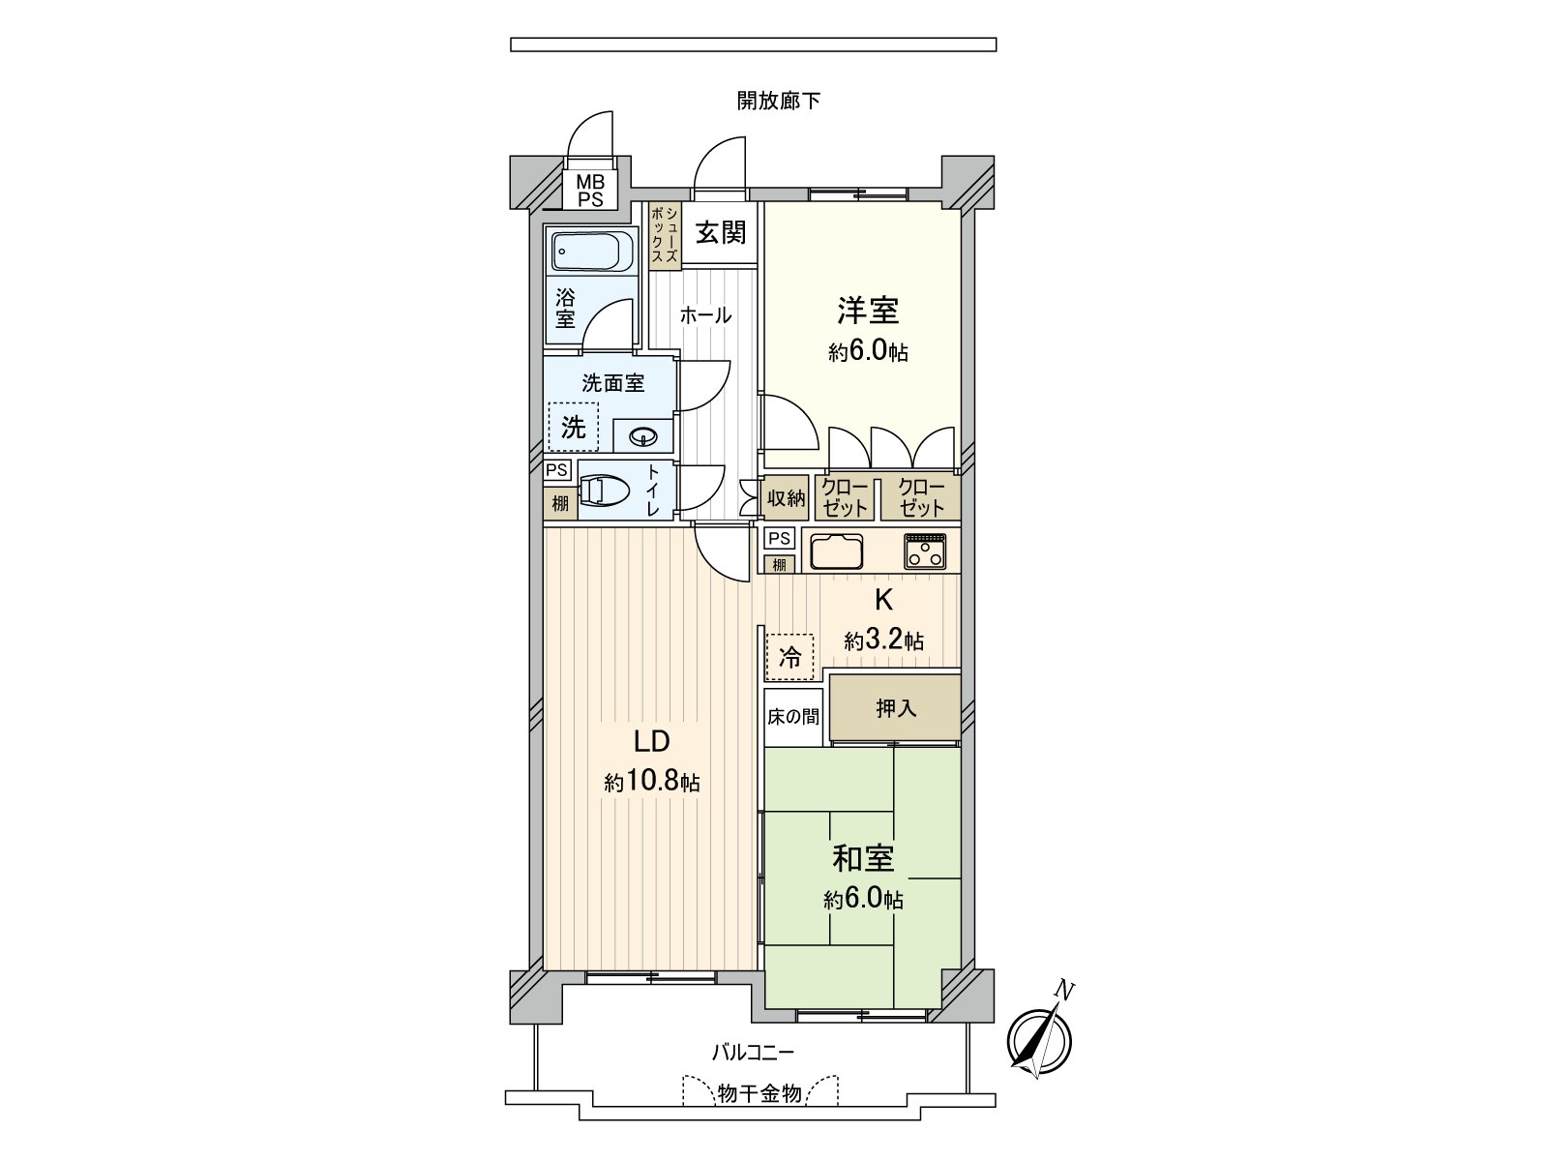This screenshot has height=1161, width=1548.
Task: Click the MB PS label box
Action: [590, 191]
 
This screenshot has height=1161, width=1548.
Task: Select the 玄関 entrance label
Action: [721, 232]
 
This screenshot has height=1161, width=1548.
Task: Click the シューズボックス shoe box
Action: [665, 235]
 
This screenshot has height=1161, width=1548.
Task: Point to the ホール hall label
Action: [705, 315]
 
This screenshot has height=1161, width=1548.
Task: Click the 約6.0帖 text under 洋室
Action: [868, 352]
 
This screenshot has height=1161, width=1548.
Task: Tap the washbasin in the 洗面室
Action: [643, 437]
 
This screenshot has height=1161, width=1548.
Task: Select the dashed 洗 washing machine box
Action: [574, 427]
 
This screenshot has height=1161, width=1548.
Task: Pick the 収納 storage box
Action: [787, 498]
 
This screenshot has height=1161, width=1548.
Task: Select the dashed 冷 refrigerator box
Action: [790, 658]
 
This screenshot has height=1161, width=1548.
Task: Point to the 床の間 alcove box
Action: [793, 717]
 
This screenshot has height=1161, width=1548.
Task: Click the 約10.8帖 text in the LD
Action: [651, 783]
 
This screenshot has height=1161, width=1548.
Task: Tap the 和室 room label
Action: [863, 858]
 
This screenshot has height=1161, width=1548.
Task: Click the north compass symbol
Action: [1040, 1041]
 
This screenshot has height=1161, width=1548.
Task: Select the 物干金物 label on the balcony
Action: [759, 1094]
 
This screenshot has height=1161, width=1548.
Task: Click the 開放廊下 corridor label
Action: [778, 101]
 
